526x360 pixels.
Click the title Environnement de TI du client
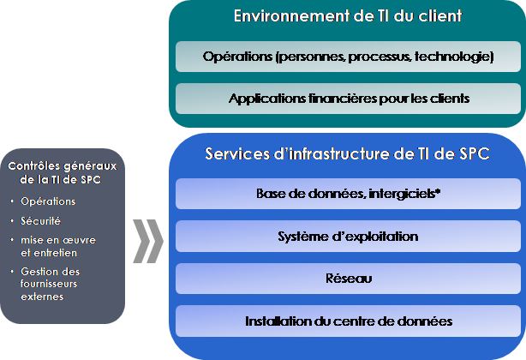[x=348, y=16]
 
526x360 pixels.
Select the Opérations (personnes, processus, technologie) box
[x=348, y=57]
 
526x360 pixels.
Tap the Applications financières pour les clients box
[x=348, y=98]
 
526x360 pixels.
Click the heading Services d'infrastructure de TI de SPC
[x=348, y=153]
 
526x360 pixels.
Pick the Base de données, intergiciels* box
[x=348, y=194]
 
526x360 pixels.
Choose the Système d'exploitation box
[x=348, y=236]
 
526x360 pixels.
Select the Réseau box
[x=348, y=278]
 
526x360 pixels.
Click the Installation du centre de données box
[x=348, y=321]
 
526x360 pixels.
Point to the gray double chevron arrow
[x=149, y=243]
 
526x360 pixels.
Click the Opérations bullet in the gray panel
[x=48, y=201]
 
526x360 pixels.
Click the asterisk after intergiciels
[x=437, y=192]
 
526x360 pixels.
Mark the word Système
[x=302, y=236]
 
